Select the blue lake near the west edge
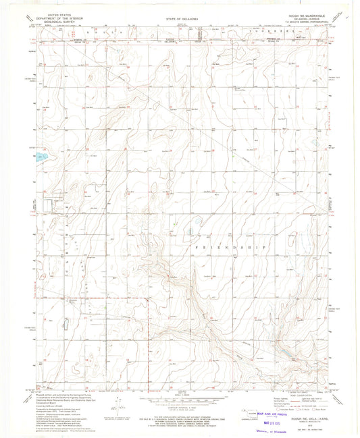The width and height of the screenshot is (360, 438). (x=41, y=157)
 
